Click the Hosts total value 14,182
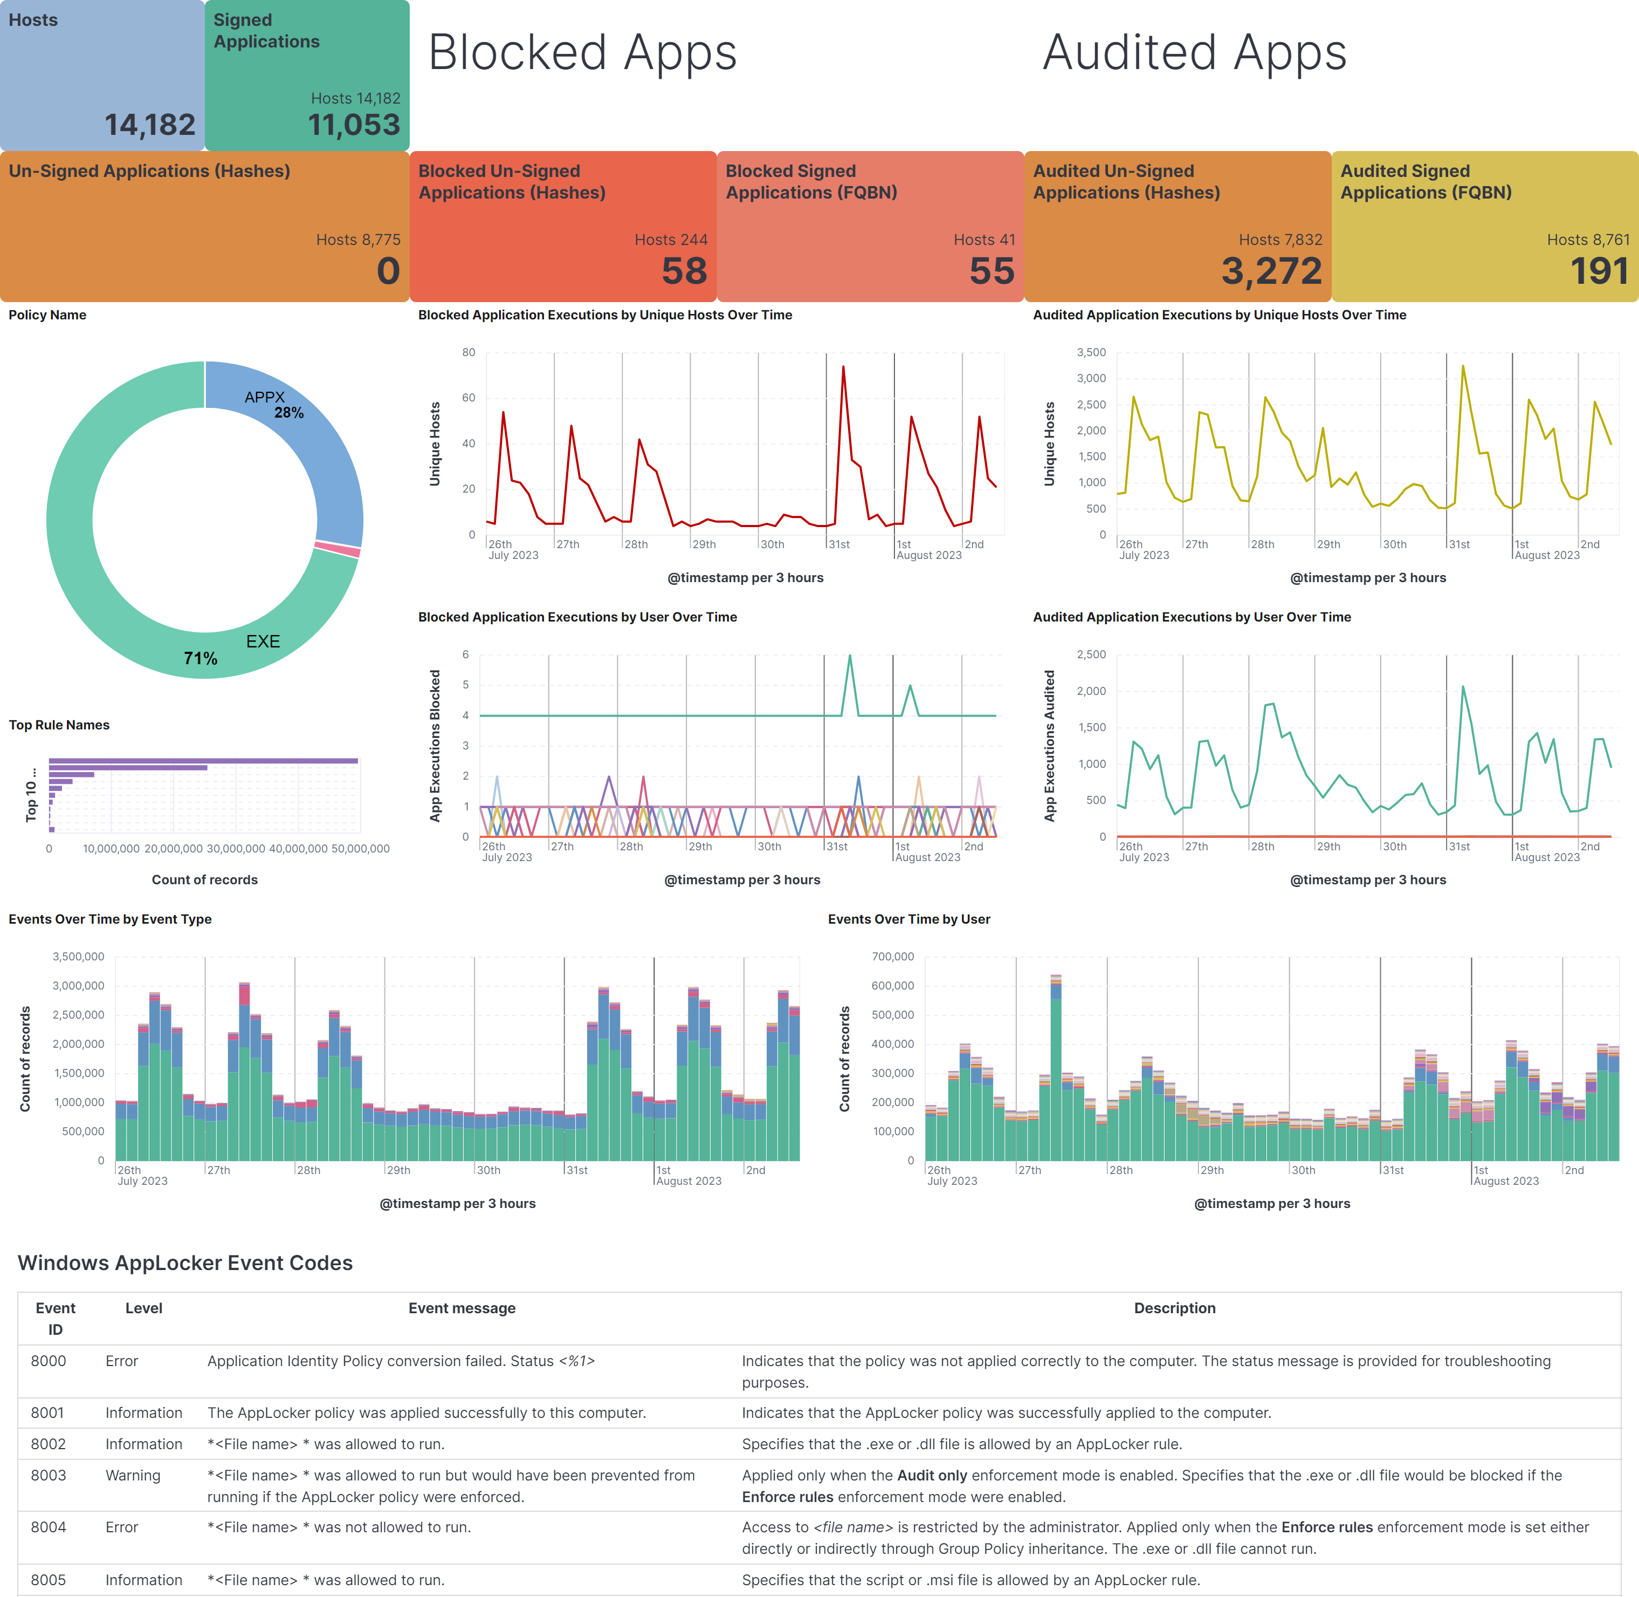click(150, 125)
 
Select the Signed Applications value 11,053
click(354, 125)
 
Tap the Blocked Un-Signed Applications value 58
click(684, 271)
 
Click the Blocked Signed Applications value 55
click(992, 271)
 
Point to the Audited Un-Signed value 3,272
click(1271, 271)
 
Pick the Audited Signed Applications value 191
click(1599, 271)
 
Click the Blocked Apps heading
click(583, 52)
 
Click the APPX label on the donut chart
click(264, 397)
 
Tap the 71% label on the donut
click(201, 658)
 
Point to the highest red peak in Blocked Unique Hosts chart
click(843, 367)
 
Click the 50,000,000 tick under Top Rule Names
click(361, 849)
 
